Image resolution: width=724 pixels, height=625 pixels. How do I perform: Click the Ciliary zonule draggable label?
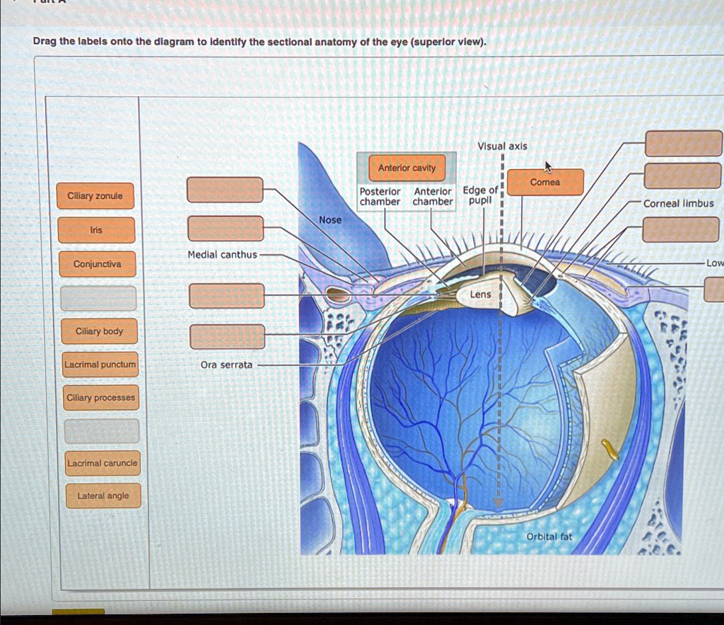(x=95, y=196)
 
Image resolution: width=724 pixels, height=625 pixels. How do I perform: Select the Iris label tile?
(x=96, y=230)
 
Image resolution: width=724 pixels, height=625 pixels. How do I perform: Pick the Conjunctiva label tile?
(x=98, y=264)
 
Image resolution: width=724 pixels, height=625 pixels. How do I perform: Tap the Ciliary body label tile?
(x=99, y=331)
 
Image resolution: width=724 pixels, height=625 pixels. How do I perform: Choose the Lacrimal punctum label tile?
(x=100, y=365)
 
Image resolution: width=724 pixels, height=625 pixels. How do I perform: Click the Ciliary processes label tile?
(x=100, y=398)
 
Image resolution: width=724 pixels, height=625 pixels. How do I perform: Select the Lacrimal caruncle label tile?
(x=103, y=463)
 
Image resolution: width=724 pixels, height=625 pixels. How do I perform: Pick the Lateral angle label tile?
(x=103, y=496)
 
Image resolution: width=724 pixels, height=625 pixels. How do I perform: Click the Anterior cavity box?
(x=407, y=168)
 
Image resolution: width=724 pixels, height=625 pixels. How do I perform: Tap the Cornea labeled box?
(x=545, y=183)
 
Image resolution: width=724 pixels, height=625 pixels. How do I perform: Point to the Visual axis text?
(x=502, y=147)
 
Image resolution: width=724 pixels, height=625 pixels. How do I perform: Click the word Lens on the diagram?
(x=480, y=294)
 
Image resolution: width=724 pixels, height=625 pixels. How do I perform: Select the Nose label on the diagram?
(x=330, y=220)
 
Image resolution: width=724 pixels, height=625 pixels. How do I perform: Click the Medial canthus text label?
(x=223, y=254)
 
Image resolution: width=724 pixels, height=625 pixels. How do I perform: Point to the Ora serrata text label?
(x=226, y=365)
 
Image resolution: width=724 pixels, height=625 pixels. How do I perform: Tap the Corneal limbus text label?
(x=678, y=203)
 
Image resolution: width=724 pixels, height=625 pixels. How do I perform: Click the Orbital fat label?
(x=549, y=537)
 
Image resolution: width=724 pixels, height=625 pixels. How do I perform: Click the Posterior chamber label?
(x=380, y=197)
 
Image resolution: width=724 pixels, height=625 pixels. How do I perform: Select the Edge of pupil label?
(x=480, y=195)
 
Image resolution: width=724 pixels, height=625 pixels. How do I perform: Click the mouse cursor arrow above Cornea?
(x=547, y=166)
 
